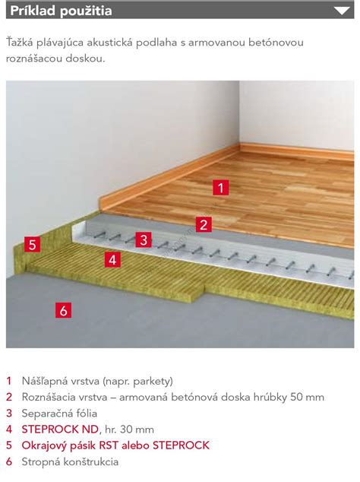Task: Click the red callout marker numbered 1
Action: click(220, 188)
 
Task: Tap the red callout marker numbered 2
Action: click(204, 224)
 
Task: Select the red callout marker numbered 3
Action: click(144, 239)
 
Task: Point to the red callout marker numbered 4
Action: click(112, 260)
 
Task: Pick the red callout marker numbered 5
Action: click(33, 245)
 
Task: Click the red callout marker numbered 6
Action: click(64, 310)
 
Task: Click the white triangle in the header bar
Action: click(342, 11)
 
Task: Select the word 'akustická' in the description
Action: click(109, 43)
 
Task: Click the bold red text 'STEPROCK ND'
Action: click(60, 429)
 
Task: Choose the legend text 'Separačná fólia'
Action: click(59, 414)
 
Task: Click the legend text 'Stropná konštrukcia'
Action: click(70, 461)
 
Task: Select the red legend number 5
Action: click(9, 446)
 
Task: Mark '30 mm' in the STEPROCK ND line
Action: click(137, 430)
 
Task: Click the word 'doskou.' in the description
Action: click(85, 59)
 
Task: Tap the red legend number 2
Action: click(9, 397)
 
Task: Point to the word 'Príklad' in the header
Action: click(33, 11)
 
